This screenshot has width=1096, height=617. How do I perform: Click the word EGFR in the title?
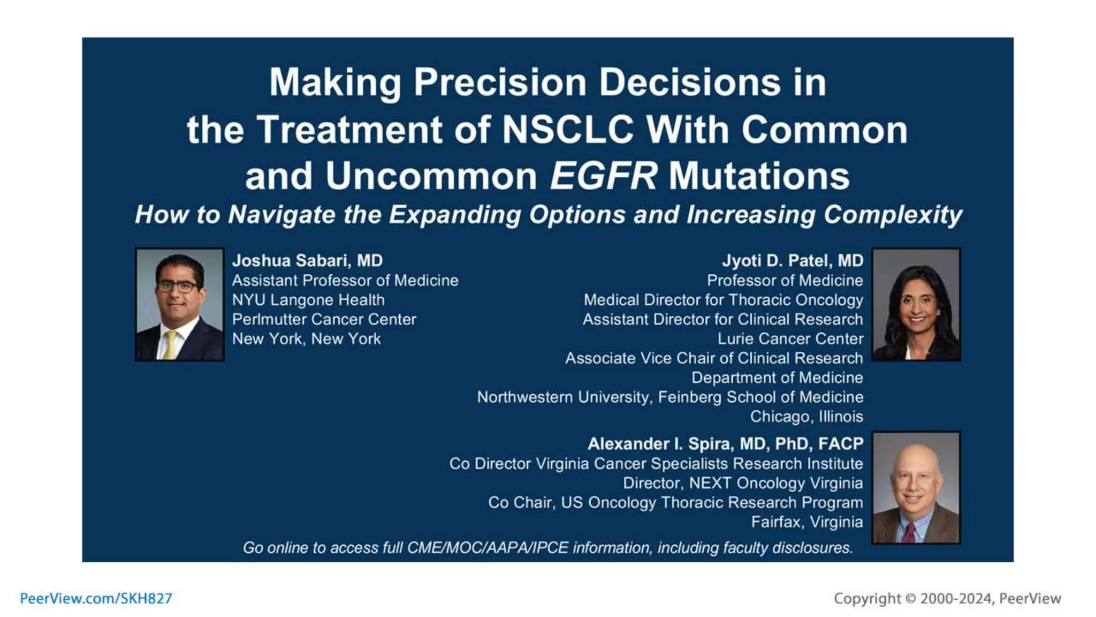(603, 176)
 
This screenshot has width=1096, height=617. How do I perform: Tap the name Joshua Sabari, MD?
(307, 261)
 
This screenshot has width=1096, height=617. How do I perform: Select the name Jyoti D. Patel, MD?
(793, 261)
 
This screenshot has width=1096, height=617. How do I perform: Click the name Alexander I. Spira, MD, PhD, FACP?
(725, 444)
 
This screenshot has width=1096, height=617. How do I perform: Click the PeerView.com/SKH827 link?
(96, 598)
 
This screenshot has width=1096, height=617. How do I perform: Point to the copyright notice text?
(947, 598)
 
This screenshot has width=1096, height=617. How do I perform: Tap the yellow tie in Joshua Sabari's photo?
(170, 345)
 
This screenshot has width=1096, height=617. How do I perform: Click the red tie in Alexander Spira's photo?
(909, 532)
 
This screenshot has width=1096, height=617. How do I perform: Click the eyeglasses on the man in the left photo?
(178, 287)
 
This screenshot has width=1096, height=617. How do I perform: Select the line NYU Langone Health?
(308, 300)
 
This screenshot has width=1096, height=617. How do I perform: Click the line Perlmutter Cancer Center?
(324, 319)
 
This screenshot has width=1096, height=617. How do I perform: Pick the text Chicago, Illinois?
(806, 417)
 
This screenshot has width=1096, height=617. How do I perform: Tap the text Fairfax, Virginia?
(806, 522)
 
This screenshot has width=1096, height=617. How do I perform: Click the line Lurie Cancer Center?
(790, 339)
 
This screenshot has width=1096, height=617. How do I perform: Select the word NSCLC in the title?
(568, 130)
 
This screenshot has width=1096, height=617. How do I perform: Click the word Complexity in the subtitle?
(893, 215)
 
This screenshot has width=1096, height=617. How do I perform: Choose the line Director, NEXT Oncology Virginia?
(742, 483)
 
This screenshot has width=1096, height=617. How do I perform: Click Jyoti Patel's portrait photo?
(916, 304)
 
